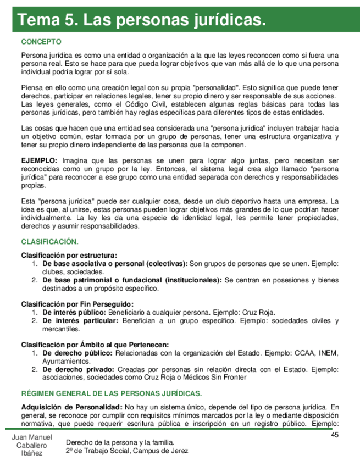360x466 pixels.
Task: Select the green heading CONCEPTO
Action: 41,42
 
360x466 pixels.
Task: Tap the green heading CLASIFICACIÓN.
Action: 49,241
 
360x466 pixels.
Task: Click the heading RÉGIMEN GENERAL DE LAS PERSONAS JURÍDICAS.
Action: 111,393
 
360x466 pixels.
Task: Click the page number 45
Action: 335,435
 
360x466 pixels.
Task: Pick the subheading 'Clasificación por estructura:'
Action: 69,256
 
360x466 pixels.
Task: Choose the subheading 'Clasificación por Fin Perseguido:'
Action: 77,304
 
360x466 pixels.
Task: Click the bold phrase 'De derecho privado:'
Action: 77,369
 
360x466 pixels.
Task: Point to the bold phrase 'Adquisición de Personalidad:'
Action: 71,407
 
